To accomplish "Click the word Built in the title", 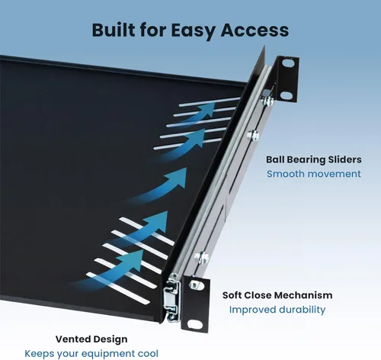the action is coord(114,30).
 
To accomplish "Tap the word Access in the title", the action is coord(255,30).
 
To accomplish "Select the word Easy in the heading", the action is coord(194,31).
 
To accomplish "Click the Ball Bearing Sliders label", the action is coord(314,160).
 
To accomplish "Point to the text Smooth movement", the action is coord(314,174).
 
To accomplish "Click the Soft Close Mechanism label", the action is coord(277,295).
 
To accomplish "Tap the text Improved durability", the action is coord(277,310).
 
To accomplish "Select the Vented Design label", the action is coord(91,339).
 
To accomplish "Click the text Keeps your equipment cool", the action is coord(91,354).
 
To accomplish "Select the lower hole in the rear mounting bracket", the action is coord(287,96).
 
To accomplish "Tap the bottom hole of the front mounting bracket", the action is coord(195,324).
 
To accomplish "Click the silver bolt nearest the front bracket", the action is coord(202,257).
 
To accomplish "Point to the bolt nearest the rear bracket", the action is coord(267,101).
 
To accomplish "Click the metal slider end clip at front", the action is coord(171,298).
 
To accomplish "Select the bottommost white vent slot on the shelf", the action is coord(118,288).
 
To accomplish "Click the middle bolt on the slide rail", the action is coord(253,135).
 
